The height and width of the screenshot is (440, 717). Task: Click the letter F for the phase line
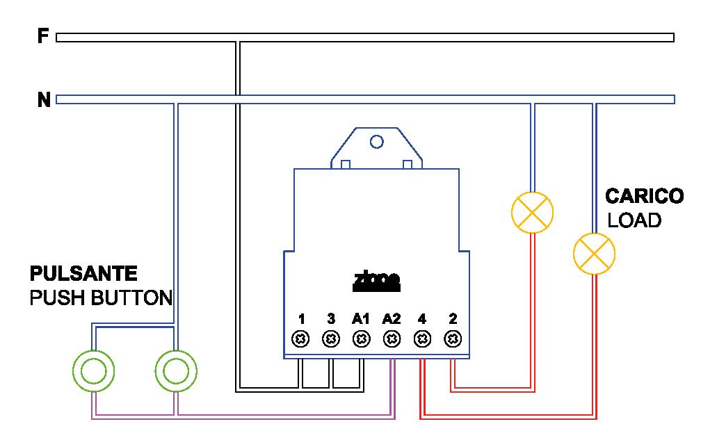(x=42, y=36)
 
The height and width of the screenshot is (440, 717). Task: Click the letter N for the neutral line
(x=43, y=101)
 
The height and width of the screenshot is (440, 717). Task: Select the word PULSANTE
(x=83, y=272)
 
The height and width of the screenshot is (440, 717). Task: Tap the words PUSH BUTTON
(x=100, y=299)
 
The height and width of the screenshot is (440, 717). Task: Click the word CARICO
(x=644, y=196)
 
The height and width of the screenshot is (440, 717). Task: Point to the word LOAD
(x=634, y=221)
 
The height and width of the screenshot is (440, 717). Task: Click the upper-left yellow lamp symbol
(x=532, y=212)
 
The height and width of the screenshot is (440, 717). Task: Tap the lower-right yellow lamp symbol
(x=594, y=253)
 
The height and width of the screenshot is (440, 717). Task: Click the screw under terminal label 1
(x=301, y=339)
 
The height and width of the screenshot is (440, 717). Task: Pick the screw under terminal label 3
(x=332, y=339)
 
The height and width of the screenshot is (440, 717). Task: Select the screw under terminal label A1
(x=361, y=339)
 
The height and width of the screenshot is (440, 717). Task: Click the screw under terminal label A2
(x=392, y=339)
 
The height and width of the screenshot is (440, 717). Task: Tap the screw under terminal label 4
(x=421, y=339)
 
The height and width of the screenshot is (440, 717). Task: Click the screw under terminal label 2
(x=453, y=339)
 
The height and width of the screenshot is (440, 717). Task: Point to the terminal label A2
(x=392, y=320)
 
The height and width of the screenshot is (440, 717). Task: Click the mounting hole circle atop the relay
(x=377, y=142)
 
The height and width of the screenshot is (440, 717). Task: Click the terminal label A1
(x=360, y=320)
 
